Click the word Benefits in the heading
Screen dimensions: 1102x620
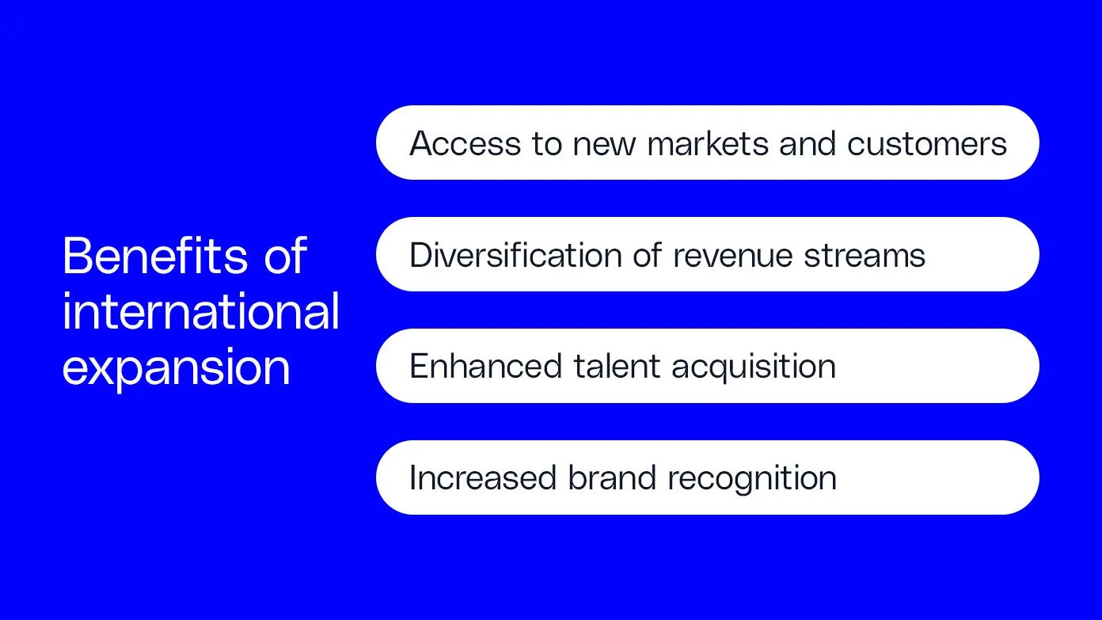tap(155, 255)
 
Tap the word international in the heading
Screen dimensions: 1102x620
tap(201, 310)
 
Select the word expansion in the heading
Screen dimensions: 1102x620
tap(176, 368)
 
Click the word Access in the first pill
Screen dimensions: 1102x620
tap(465, 143)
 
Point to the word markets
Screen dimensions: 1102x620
tap(708, 143)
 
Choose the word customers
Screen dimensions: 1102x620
tap(927, 144)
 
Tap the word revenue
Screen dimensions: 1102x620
tap(732, 257)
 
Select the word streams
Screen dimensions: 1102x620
tap(864, 257)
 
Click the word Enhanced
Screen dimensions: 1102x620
tap(485, 366)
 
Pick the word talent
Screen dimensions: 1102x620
tap(617, 366)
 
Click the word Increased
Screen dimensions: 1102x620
tap(483, 477)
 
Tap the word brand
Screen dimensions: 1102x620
tap(612, 477)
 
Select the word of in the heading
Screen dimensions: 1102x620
tap(286, 255)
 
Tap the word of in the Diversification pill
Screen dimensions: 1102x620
tap(648, 255)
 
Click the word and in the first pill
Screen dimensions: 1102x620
tap(807, 143)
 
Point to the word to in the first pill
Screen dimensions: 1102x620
tap(547, 144)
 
